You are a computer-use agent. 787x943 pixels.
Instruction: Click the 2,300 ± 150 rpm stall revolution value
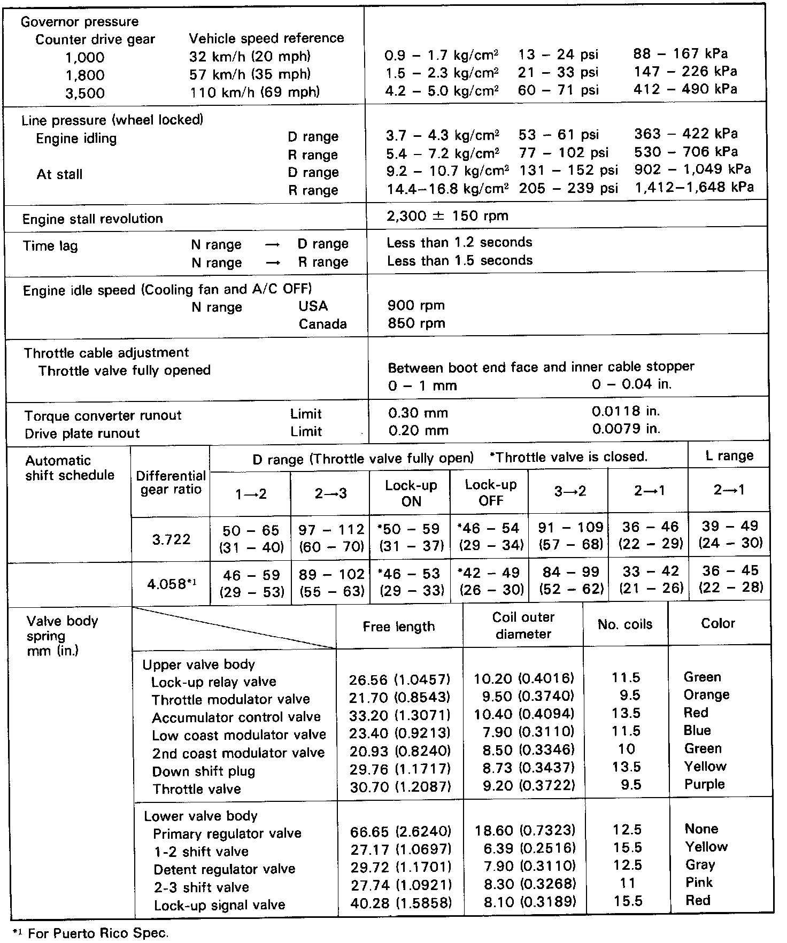pos(447,217)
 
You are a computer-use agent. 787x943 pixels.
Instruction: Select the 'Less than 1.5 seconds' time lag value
pos(460,261)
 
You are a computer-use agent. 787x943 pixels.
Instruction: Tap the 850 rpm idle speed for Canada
pos(416,323)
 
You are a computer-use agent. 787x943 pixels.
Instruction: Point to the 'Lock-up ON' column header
pos(411,493)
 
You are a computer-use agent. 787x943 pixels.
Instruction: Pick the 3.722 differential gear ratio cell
pos(171,539)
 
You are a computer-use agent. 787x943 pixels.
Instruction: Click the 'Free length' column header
pos(398,627)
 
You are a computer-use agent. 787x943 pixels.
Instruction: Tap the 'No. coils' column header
pos(625,625)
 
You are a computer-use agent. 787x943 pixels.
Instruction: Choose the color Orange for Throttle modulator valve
pos(706,695)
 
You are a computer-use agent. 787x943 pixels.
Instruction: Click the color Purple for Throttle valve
pos(704,784)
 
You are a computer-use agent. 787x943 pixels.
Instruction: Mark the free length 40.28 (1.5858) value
pos(400,903)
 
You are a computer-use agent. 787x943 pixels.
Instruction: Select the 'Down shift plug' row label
pos(204,771)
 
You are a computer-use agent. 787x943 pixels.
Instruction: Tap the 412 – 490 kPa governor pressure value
pos(685,89)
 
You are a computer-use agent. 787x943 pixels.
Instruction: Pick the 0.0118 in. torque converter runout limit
pos(626,412)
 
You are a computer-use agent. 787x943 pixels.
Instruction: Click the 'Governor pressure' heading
pos(79,22)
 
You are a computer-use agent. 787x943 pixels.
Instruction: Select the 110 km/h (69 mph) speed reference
pos(254,92)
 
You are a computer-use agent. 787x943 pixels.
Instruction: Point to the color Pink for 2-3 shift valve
pos(699,883)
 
